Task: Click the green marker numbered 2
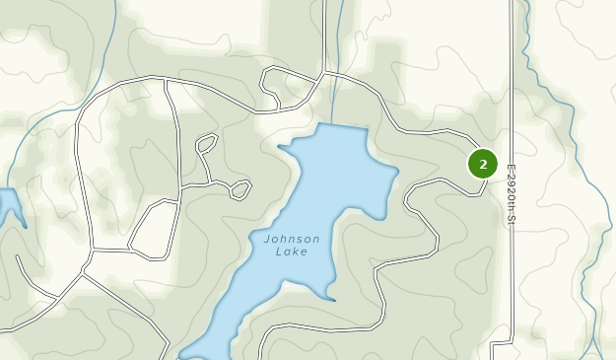click(x=482, y=164)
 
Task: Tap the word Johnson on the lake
click(x=292, y=239)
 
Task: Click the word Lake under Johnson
click(x=292, y=252)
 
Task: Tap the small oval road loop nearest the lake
click(x=240, y=188)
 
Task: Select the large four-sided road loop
click(x=153, y=229)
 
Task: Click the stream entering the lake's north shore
click(x=335, y=99)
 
